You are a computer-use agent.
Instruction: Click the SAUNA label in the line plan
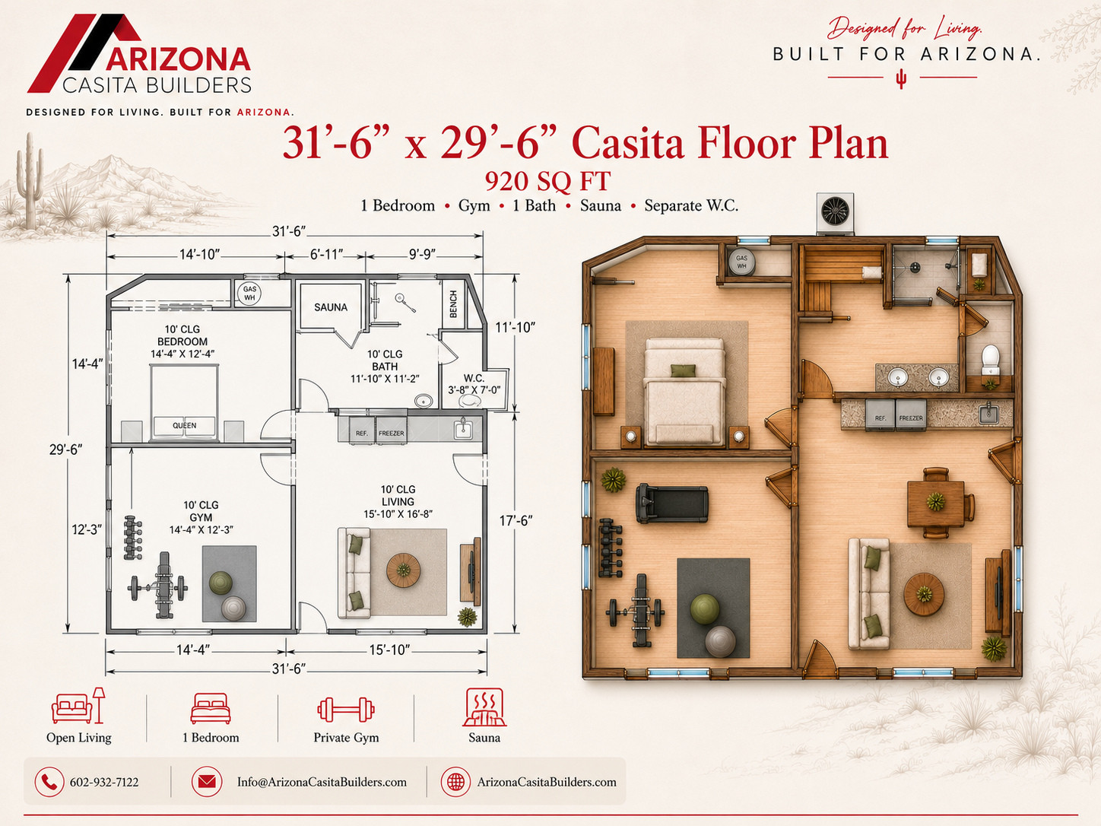[331, 307]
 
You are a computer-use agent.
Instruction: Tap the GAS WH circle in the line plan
[249, 293]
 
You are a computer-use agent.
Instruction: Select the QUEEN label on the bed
[185, 425]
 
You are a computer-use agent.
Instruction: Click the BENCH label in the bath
[453, 304]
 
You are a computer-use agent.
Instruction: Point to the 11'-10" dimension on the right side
[515, 328]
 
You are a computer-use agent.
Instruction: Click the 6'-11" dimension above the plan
[326, 255]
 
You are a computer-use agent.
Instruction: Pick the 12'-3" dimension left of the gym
[87, 529]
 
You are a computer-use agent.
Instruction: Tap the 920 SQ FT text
[547, 181]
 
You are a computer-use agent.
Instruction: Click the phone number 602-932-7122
[104, 782]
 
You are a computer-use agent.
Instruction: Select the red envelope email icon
[207, 781]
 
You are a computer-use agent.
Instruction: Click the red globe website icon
[455, 781]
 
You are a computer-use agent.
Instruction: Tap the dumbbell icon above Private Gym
[346, 710]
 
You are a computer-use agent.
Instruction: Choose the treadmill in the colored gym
[672, 503]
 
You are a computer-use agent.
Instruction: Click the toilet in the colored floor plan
[991, 360]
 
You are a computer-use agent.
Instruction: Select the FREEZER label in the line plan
[392, 434]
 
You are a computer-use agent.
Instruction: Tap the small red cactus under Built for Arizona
[901, 78]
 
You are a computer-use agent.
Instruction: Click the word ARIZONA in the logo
[178, 59]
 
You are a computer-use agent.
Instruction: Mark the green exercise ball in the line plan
[221, 583]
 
